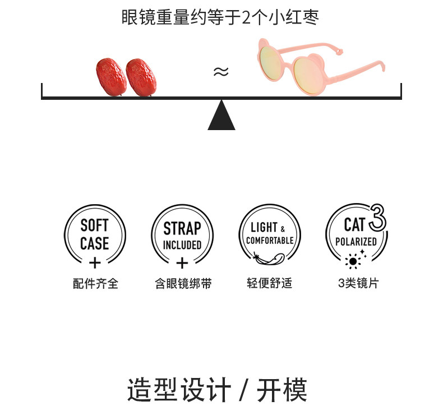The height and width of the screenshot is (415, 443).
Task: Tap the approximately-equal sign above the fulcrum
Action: [221, 72]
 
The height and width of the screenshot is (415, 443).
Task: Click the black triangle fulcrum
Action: [221, 116]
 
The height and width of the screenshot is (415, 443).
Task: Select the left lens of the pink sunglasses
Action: [274, 67]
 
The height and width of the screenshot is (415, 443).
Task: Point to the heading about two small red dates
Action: [220, 17]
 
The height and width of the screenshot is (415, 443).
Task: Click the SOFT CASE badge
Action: [95, 235]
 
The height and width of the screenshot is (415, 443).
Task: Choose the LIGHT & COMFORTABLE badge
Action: [269, 234]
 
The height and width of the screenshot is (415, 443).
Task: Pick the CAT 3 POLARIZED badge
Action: [356, 234]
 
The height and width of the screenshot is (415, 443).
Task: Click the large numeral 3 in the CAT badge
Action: [378, 219]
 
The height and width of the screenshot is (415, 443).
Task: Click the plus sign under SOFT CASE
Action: [95, 262]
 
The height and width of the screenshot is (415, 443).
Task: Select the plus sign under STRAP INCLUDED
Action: [182, 262]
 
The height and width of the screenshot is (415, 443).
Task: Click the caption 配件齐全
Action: [95, 283]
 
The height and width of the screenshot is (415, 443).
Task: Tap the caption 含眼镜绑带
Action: [183, 283]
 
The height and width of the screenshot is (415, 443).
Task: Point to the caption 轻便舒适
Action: [269, 283]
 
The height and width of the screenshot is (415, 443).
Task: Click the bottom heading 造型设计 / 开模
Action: [217, 390]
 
